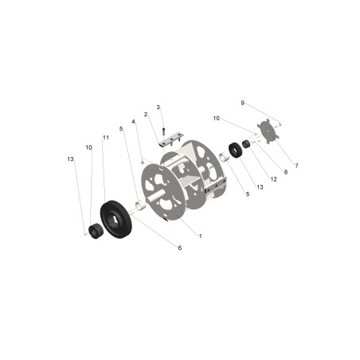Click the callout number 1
point(199,236)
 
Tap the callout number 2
point(146,115)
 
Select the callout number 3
point(158,107)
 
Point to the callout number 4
point(133,122)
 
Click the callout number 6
point(180,248)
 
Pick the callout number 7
point(296,166)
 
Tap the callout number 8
point(285,171)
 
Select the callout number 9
point(243,103)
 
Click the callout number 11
point(104,138)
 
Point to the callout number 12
point(273,179)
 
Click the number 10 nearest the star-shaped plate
point(216,119)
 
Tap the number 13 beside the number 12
point(260,186)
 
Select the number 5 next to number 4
point(121,128)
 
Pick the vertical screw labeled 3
point(163,126)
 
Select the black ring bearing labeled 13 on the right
point(236,149)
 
